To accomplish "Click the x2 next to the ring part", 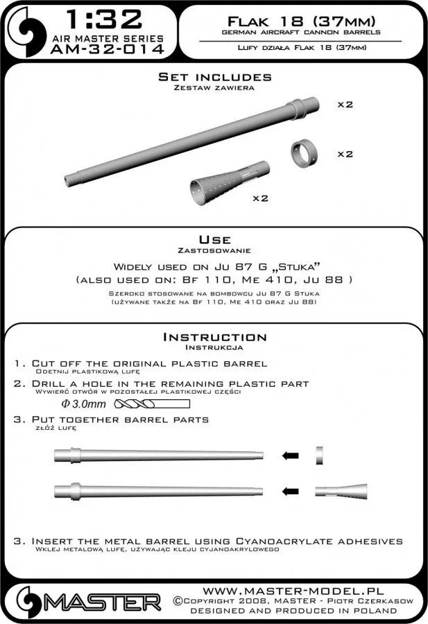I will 345,154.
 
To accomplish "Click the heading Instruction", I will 214,337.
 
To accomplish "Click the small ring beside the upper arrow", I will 318,455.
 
